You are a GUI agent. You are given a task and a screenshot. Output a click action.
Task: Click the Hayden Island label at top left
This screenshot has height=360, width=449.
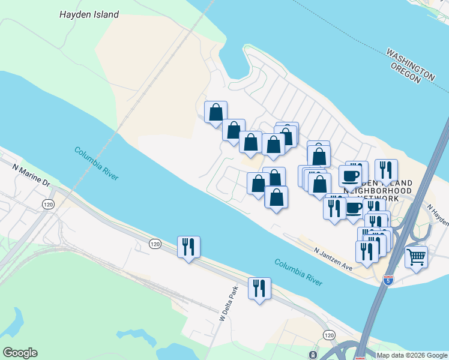click(89, 14)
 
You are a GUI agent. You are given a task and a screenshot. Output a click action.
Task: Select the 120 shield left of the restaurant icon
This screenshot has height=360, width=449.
click(155, 244)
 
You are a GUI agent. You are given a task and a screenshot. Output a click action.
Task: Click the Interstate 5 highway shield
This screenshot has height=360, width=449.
click(387, 280)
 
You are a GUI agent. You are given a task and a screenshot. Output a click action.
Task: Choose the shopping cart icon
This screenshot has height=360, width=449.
click(416, 257)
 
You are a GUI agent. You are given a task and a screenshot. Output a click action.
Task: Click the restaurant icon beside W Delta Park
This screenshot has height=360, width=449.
click(259, 289)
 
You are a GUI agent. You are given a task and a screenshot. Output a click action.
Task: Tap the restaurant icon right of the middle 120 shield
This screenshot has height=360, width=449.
click(188, 247)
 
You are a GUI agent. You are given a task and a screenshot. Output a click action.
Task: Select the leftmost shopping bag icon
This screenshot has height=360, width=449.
click(215, 112)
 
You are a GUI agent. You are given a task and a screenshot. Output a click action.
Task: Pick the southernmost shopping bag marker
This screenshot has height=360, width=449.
click(276, 197)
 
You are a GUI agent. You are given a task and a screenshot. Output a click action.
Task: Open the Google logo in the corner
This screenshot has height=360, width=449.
click(20, 353)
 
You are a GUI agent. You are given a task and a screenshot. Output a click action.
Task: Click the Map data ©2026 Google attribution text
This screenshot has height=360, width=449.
click(412, 355)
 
